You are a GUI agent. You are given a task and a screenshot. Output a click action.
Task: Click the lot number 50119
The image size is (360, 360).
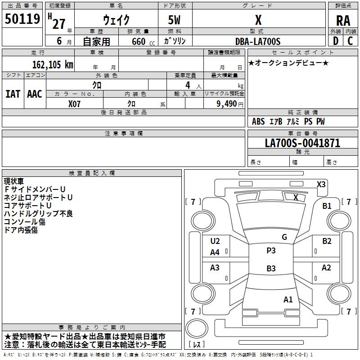22,19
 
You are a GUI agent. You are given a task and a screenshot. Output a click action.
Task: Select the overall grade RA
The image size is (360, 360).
343,21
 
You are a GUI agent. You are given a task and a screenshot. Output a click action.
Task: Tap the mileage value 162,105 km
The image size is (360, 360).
53,64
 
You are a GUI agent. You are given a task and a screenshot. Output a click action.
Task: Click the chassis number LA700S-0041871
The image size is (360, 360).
302,143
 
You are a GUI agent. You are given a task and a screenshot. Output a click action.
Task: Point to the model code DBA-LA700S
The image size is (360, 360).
258,41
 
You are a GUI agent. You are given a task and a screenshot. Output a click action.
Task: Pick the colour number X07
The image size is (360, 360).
74,104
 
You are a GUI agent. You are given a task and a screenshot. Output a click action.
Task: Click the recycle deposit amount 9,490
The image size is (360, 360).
227,103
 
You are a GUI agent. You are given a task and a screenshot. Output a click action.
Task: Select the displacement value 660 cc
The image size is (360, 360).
143,41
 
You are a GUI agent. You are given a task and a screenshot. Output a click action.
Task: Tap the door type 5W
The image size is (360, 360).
174,20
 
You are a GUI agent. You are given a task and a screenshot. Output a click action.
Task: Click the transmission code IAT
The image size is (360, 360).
13,94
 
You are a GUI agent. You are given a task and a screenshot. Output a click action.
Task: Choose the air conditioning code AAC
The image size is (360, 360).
35,94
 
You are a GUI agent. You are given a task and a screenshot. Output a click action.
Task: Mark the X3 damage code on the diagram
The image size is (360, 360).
321,184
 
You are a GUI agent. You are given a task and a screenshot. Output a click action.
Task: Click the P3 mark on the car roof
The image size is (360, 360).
271,251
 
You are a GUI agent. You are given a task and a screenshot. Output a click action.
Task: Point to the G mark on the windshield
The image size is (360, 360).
284,237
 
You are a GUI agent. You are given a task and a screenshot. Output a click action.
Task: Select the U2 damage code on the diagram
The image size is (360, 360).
215,241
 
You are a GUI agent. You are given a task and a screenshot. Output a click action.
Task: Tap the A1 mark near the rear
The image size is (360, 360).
288,299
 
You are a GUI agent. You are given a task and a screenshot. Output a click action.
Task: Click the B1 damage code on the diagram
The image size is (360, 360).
327,206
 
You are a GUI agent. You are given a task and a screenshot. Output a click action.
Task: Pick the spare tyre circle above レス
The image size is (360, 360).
197,328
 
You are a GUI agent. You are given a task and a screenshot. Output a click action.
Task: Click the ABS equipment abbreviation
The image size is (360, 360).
258,121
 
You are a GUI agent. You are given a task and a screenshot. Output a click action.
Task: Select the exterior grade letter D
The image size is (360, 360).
336,41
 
